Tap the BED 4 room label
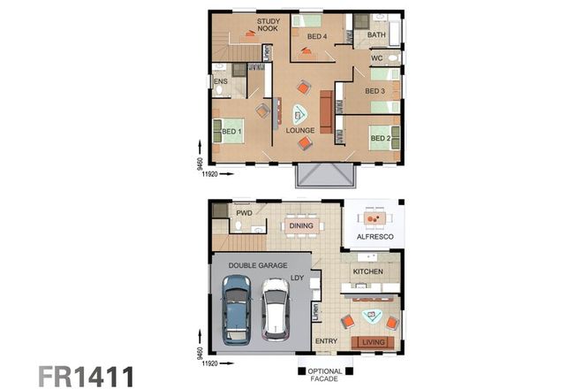[316, 36]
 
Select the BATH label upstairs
[376, 35]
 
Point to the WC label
[376, 58]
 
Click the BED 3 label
[375, 91]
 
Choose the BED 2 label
[380, 139]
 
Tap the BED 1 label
[231, 132]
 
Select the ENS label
[221, 81]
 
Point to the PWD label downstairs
[245, 213]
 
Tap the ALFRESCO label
[373, 238]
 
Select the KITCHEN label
[367, 271]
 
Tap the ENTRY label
[326, 340]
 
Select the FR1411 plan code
[86, 375]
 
